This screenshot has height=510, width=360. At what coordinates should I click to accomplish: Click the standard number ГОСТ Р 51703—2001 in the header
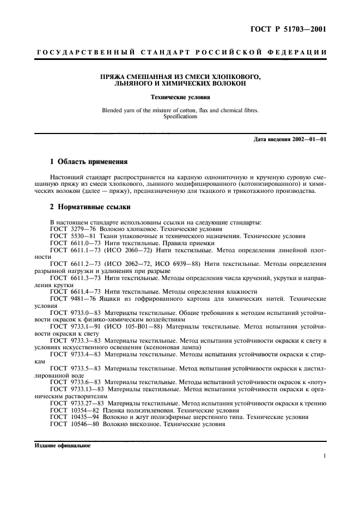[294, 29]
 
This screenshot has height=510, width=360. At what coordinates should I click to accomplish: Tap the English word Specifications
[180, 117]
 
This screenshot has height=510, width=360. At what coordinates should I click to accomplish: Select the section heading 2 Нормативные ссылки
[89, 208]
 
